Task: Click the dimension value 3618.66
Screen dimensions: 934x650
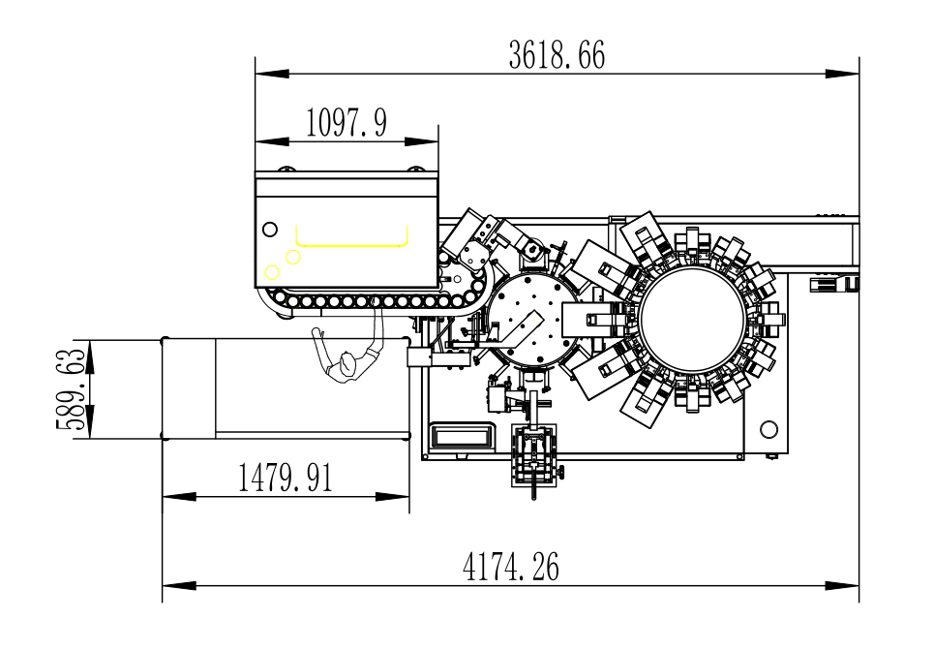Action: (x=557, y=55)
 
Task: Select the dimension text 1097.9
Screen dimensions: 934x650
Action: (x=346, y=123)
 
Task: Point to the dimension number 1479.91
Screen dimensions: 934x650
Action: (x=286, y=478)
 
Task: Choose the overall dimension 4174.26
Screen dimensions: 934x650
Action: (x=511, y=567)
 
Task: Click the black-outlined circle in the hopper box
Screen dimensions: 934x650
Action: (x=270, y=229)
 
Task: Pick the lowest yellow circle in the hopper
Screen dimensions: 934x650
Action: (x=272, y=272)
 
